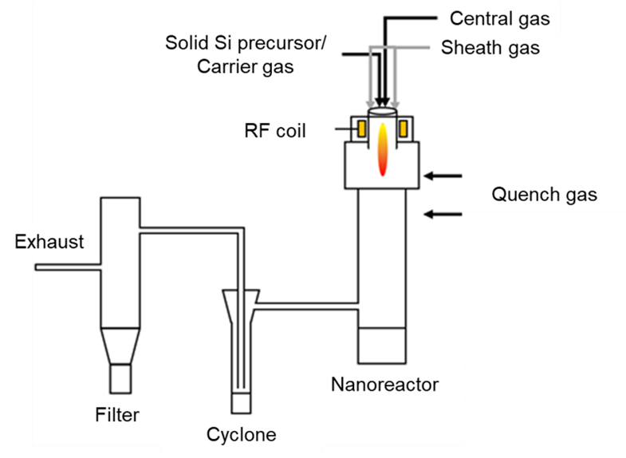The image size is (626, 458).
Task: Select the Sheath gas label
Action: click(x=490, y=48)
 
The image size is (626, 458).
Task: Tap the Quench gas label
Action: click(x=544, y=194)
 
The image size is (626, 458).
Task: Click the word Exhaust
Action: click(x=49, y=242)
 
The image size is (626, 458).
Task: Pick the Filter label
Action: click(x=116, y=414)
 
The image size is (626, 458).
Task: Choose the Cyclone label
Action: click(x=241, y=435)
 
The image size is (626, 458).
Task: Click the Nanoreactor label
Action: click(x=384, y=385)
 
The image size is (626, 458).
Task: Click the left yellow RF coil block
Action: click(x=361, y=128)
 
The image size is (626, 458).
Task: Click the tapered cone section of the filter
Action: click(x=120, y=345)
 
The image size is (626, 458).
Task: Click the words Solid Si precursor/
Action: click(x=246, y=41)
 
